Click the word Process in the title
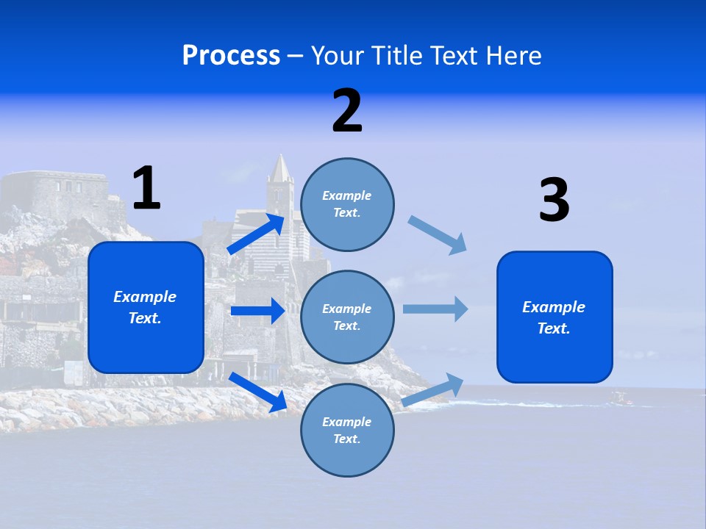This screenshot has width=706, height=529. pos(231,56)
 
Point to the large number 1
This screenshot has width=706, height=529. pos(146,188)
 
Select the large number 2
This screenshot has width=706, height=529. pos(347,111)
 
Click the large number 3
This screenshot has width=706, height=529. pos(554,201)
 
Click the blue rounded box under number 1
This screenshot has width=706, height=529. pos(146,307)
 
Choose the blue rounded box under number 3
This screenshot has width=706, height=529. pos(555,317)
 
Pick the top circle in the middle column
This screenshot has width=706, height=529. pos(347,204)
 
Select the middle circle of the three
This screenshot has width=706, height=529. pos(347,317)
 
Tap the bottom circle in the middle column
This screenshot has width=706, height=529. pos(347,431)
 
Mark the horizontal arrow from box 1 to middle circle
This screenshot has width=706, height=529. pos(257,311)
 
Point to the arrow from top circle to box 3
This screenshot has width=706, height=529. pos(438,235)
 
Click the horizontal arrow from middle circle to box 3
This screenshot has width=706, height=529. pos(435,309)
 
